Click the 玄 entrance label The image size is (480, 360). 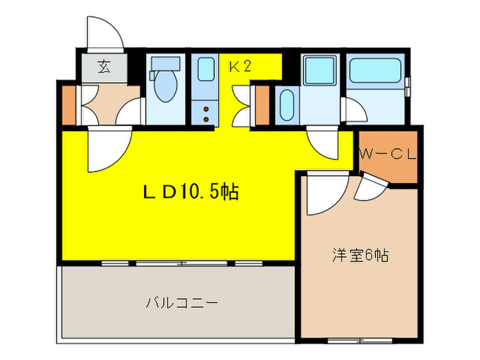click(x=104, y=67)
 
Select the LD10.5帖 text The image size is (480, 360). click(x=190, y=193)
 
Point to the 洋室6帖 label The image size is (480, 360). click(x=361, y=256)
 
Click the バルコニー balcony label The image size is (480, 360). click(x=182, y=302)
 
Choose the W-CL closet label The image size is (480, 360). click(x=388, y=155)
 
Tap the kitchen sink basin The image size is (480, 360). click(x=205, y=69)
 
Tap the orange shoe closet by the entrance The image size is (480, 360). click(x=68, y=103)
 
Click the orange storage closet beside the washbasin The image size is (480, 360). click(x=261, y=103)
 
